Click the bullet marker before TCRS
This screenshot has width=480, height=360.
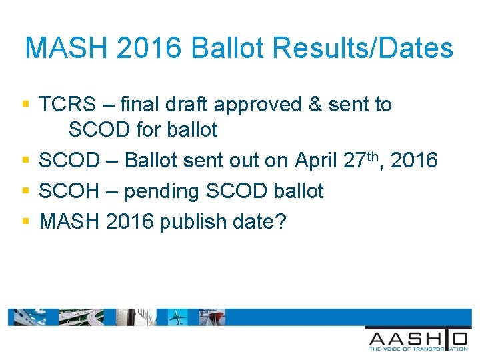[x=26, y=105]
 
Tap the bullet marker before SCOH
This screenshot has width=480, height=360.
[x=26, y=191]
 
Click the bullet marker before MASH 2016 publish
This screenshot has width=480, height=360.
[x=26, y=221]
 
